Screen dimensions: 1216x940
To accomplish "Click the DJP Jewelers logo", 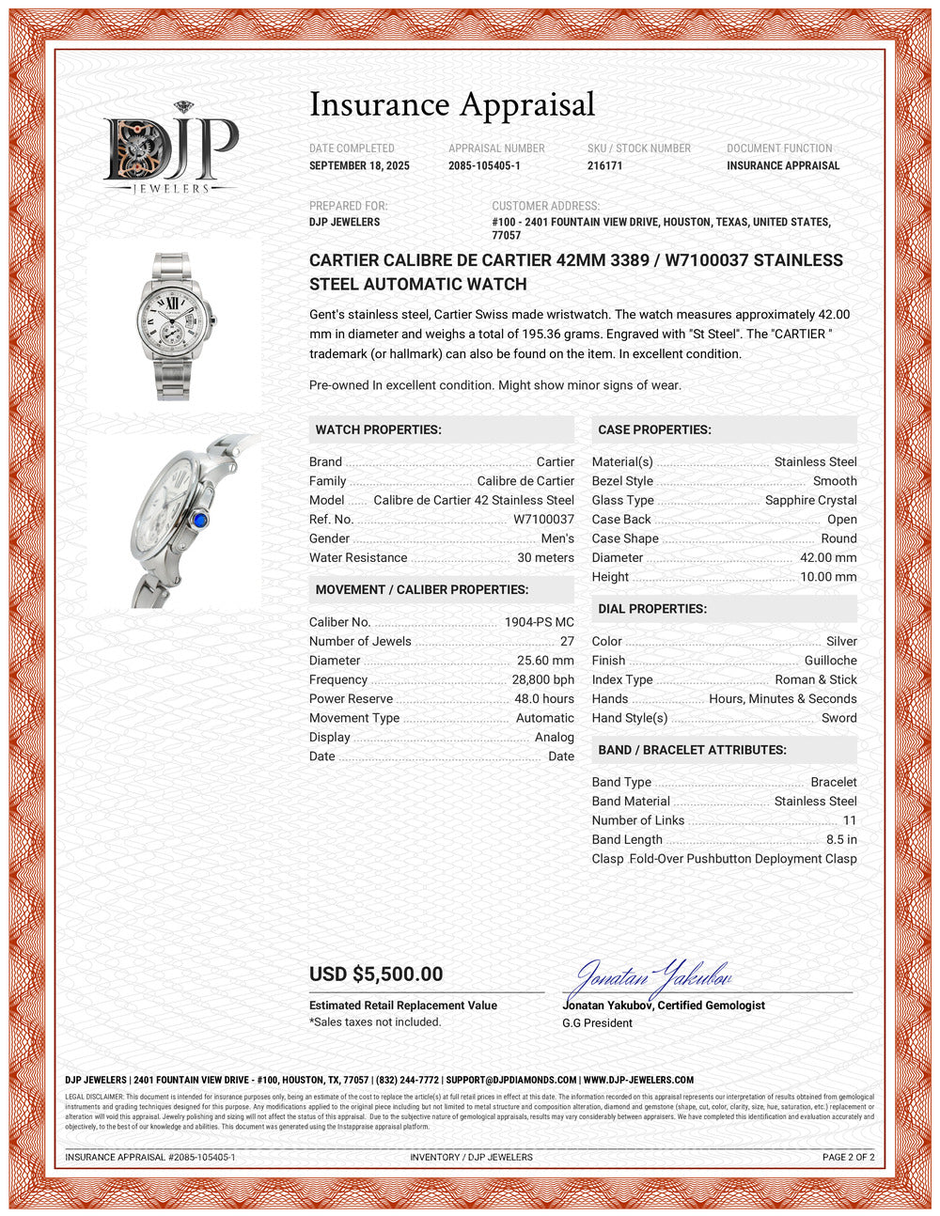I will coord(170,148).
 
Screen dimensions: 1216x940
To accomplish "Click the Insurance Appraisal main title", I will coord(452,104).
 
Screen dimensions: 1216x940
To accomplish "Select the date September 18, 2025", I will coord(359,165).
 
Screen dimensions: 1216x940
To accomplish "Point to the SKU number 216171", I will coord(604,165).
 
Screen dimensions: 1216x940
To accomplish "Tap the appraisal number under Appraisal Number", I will coord(484,165).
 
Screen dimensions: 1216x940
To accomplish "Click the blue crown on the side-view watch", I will coord(199,519).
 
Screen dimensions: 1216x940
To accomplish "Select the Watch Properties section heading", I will coord(378,429).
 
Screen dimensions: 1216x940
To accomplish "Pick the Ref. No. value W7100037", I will coord(543,519).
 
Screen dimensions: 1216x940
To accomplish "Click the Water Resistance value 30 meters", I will coord(545,557).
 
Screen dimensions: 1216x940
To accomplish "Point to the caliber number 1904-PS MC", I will coord(539,622).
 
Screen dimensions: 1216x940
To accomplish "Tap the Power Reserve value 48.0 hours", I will coord(544,698).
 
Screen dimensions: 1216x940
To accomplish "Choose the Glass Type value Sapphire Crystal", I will coord(810,500).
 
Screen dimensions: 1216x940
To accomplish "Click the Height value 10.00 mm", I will coord(828,577).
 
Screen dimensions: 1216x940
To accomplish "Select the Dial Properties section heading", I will coord(652,609).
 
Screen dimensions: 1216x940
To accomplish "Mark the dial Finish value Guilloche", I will coord(830,661).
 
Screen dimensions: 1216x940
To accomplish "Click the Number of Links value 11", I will coord(850,820).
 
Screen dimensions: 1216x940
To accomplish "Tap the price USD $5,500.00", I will coord(376,974).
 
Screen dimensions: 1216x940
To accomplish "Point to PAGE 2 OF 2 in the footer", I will coord(848,1157).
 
